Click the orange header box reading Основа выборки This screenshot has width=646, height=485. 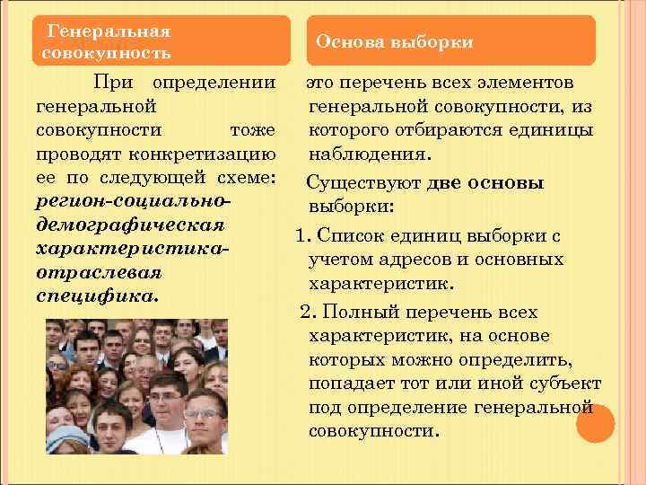click(x=451, y=41)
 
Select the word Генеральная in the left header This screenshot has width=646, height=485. click(x=109, y=31)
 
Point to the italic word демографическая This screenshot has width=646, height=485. click(x=129, y=223)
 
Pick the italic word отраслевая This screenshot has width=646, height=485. click(x=100, y=270)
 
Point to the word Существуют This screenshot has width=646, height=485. click(x=363, y=184)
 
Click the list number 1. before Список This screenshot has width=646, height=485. click(x=301, y=236)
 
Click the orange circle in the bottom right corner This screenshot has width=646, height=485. click(x=595, y=423)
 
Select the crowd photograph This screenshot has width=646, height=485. click(x=136, y=387)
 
